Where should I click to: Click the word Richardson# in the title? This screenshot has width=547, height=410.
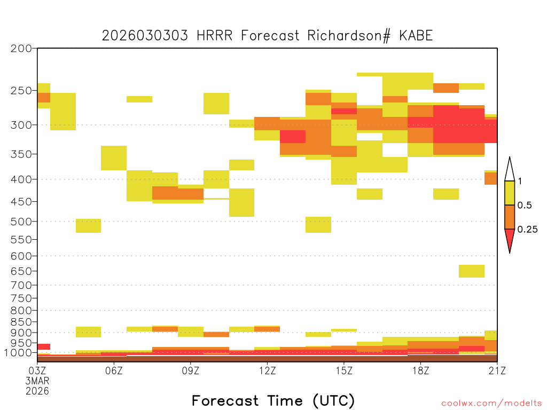pos(348,36)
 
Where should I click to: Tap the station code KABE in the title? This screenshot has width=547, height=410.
pos(416,36)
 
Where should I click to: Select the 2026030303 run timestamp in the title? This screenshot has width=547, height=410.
pos(145,36)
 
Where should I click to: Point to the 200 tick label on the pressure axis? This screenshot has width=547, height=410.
pos(21,49)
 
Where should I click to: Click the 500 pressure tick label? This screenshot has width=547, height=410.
pos(21,222)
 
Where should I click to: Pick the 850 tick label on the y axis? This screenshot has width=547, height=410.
pos(21,322)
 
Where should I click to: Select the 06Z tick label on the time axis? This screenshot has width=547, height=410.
pos(114,370)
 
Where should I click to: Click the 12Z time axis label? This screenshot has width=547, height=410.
pos(267,370)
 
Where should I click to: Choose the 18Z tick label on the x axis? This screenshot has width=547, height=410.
pos(421,370)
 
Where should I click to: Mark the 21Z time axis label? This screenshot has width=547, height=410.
pos(497,370)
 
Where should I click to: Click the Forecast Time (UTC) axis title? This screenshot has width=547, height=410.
pos(273,401)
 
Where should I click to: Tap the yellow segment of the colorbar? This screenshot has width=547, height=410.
pos(510,193)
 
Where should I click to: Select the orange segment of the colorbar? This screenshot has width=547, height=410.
pos(510,217)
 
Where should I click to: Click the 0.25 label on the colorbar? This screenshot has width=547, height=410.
pos(527,230)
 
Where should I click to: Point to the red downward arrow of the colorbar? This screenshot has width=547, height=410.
pos(510,239)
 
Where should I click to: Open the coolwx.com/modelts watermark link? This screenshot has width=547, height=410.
pos(491,404)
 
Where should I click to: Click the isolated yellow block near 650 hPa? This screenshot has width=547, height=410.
pos(472,271)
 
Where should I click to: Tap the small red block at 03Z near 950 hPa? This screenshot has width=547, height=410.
pos(44,346)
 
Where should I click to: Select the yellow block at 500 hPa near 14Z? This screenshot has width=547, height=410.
pos(318,225)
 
